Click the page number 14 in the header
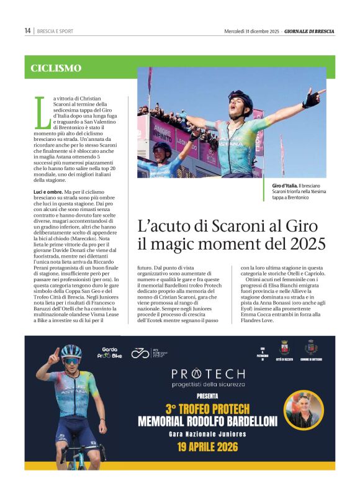coord(27,31)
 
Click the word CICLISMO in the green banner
coord(56,68)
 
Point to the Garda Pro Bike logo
coord(112,353)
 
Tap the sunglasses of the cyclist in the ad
coord(71,361)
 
